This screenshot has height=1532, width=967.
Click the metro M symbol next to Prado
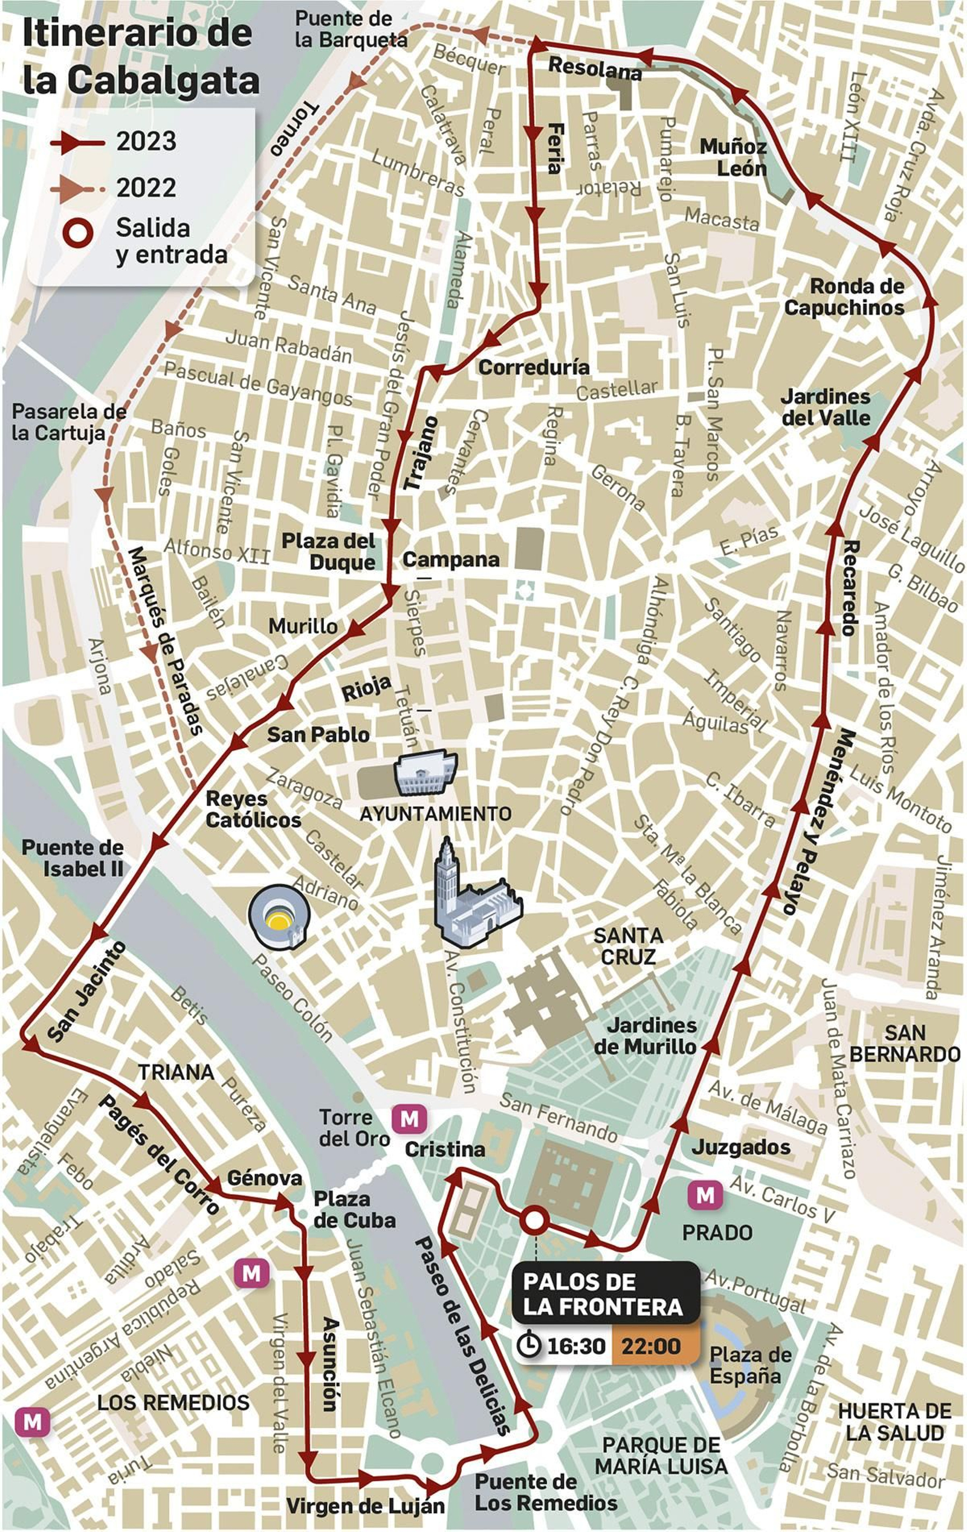(705, 1195)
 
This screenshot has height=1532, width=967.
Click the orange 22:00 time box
(652, 1346)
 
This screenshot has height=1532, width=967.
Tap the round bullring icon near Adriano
(279, 917)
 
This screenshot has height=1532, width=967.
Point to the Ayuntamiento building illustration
(424, 773)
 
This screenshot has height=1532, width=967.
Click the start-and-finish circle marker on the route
(533, 1220)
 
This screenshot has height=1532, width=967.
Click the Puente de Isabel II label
(73, 858)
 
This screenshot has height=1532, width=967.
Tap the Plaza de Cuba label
(354, 1209)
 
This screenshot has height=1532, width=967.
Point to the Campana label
(450, 559)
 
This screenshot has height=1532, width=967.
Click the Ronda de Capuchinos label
(844, 297)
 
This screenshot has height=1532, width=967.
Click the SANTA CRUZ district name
(628, 945)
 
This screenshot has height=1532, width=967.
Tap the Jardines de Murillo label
(645, 1036)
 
